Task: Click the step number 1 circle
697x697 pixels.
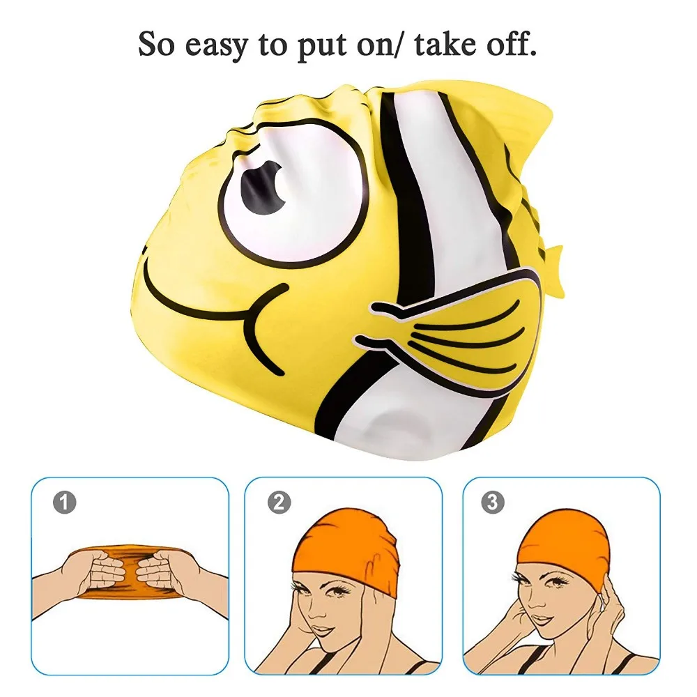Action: pos(65,503)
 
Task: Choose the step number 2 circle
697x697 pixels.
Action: pos(279,503)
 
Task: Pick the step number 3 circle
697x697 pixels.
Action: pos(493,503)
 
